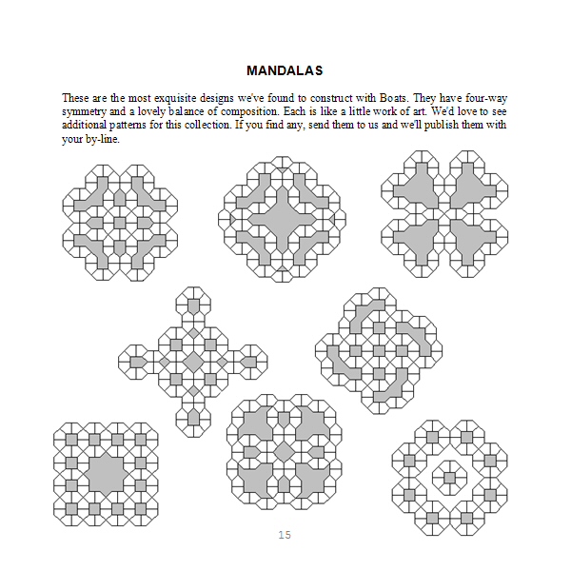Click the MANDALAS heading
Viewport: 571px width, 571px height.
285,70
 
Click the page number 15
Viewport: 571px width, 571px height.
285,535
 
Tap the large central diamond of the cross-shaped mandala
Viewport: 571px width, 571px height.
193,362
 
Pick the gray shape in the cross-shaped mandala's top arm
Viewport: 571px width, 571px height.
193,306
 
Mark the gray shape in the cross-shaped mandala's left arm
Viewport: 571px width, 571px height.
138,362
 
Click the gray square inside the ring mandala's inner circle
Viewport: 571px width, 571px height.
445,473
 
